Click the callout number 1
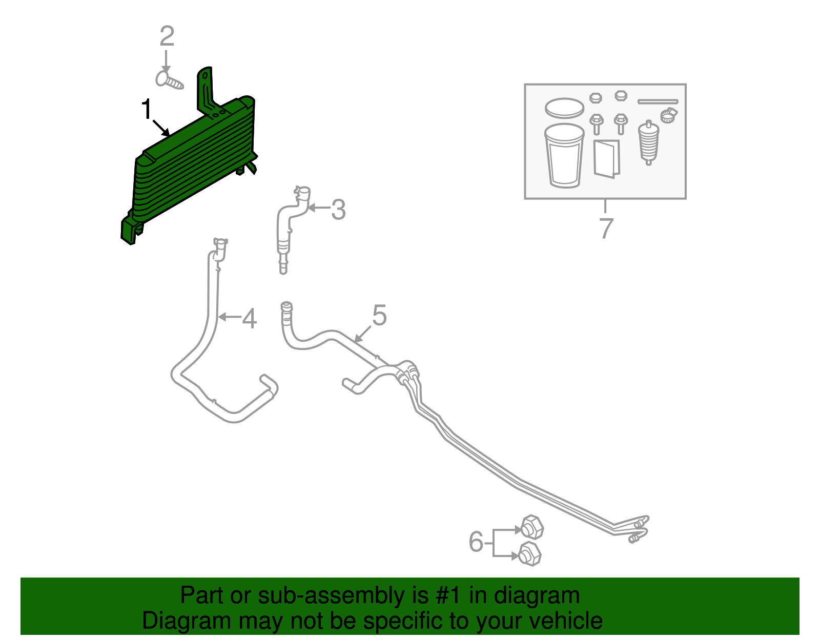click(147, 110)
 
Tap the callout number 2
click(167, 36)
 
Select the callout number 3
click(338, 210)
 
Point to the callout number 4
click(249, 319)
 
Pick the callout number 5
click(379, 316)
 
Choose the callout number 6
click(476, 542)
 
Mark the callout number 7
click(606, 228)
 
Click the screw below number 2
click(169, 81)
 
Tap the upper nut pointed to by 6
click(531, 527)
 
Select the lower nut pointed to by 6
click(529, 554)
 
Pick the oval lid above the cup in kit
click(564, 108)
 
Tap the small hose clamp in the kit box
click(668, 115)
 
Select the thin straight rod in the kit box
click(658, 101)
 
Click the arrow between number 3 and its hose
click(318, 208)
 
